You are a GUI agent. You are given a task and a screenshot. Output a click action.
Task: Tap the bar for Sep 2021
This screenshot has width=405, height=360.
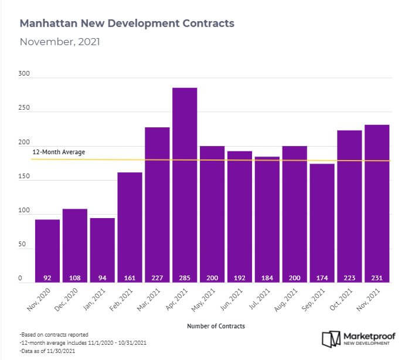pos(322,223)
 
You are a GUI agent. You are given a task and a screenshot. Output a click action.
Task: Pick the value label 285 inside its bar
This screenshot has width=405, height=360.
pos(185,278)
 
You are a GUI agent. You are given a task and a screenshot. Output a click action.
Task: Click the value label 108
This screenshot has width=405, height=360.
pos(75,278)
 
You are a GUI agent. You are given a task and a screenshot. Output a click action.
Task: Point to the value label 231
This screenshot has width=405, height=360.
pos(377,278)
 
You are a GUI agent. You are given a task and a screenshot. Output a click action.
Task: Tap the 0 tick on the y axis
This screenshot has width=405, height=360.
pos(21,279)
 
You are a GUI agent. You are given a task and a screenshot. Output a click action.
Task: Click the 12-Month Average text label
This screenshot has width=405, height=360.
pos(59,152)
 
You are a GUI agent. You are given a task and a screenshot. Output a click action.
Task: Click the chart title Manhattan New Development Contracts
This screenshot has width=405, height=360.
pos(127,23)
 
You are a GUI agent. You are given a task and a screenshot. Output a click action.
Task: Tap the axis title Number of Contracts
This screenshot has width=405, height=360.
pos(216,325)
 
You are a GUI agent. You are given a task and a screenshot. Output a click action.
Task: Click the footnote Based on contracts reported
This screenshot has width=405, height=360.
pos(54,334)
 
